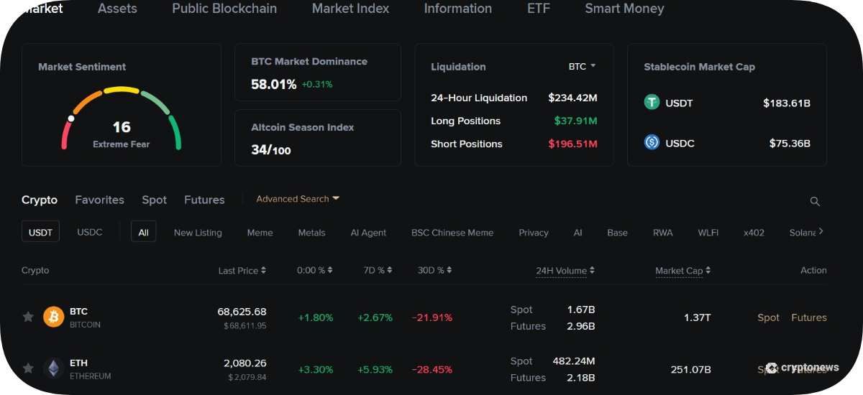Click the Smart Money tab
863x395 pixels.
click(624, 9)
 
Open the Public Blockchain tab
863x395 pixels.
click(224, 9)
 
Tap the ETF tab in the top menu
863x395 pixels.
click(538, 9)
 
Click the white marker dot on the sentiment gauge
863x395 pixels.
click(71, 118)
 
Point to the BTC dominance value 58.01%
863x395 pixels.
click(273, 84)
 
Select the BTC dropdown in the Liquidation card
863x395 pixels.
click(582, 67)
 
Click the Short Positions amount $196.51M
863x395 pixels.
click(572, 144)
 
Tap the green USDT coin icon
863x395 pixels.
click(652, 102)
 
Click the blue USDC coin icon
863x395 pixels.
click(652, 142)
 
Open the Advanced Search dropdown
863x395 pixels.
click(298, 199)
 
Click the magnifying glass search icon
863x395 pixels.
click(814, 201)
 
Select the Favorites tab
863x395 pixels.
click(99, 200)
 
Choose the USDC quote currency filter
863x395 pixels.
click(90, 232)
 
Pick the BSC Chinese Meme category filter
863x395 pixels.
click(452, 233)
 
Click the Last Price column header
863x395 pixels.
click(242, 270)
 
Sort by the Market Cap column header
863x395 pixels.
click(682, 271)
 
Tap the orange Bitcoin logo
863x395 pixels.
click(53, 317)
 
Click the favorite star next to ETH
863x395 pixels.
click(28, 368)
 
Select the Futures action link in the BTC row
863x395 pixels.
click(808, 317)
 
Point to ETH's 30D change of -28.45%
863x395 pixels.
click(432, 370)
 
